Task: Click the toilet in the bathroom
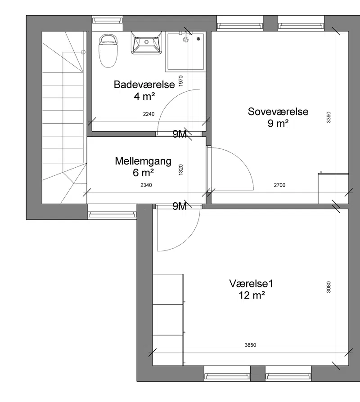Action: pyautogui.click(x=108, y=51)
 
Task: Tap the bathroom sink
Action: pyautogui.click(x=147, y=43)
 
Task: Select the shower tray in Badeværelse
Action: pyautogui.click(x=186, y=52)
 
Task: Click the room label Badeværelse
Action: pyautogui.click(x=144, y=85)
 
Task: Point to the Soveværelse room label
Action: pyautogui.click(x=278, y=112)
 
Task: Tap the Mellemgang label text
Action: pyautogui.click(x=143, y=161)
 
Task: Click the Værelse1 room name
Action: pyautogui.click(x=251, y=284)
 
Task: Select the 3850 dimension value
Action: pyautogui.click(x=250, y=345)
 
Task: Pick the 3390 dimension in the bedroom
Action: pyautogui.click(x=328, y=117)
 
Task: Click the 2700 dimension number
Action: pyautogui.click(x=279, y=185)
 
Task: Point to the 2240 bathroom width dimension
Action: pyautogui.click(x=149, y=114)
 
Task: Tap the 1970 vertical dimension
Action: pyautogui.click(x=180, y=81)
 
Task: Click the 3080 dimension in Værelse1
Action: pyautogui.click(x=328, y=287)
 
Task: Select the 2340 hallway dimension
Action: pyautogui.click(x=146, y=185)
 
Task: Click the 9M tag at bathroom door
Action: pyautogui.click(x=180, y=134)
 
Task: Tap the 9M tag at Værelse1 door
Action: pyautogui.click(x=180, y=206)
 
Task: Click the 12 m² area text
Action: pyautogui.click(x=252, y=295)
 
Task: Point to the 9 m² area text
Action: pyautogui.click(x=278, y=123)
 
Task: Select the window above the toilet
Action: pyautogui.click(x=108, y=20)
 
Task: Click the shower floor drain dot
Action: pyautogui.click(x=198, y=39)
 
